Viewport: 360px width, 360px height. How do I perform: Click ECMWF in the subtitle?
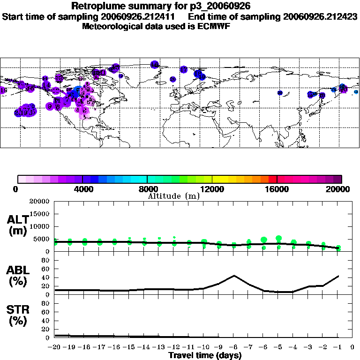(x=213, y=26)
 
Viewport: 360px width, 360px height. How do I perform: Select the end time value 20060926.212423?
(x=320, y=16)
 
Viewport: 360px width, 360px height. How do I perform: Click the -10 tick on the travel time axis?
(x=204, y=347)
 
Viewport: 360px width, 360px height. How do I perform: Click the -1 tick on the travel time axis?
(x=338, y=347)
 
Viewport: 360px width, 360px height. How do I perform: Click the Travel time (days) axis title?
(x=205, y=356)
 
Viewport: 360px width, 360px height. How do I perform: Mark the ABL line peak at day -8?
(x=234, y=275)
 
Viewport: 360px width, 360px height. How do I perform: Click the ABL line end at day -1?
(x=338, y=276)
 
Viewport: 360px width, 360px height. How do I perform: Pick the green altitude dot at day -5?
(x=279, y=239)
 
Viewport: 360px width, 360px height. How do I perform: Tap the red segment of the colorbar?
(x=272, y=179)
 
